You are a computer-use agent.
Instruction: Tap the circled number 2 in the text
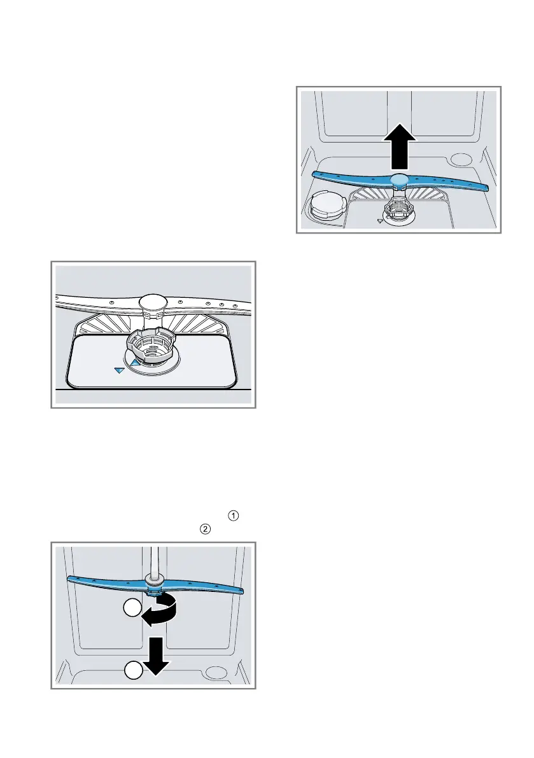coord(206,528)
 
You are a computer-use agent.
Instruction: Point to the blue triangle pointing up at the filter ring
coord(135,363)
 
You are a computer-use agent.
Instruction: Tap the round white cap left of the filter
coord(325,207)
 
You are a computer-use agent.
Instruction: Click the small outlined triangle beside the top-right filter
coord(380,221)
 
